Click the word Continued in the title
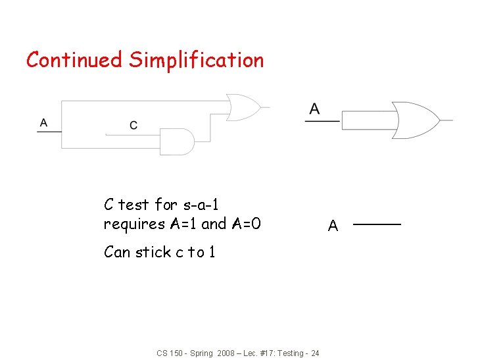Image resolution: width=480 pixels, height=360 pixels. click(74, 60)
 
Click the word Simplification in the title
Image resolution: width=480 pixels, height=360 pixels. click(196, 61)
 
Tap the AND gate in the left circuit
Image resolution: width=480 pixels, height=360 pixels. click(177, 141)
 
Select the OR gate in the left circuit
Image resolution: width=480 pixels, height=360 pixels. click(241, 107)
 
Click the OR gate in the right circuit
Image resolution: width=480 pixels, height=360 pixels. click(414, 120)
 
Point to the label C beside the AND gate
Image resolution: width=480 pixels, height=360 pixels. click(133, 125)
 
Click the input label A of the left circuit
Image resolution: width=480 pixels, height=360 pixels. click(43, 122)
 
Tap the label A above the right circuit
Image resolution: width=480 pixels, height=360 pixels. click(315, 109)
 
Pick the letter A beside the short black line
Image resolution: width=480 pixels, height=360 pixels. click(333, 226)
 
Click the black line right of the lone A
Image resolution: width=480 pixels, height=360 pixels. click(377, 225)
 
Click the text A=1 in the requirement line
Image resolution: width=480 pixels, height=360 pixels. click(184, 224)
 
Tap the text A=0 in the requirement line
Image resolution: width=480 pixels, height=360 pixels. click(247, 224)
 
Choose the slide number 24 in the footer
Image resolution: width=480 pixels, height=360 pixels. click(315, 353)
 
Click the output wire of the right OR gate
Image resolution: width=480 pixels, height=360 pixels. click(446, 120)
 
